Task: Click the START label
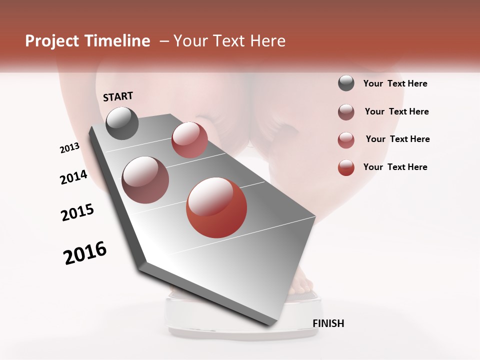(118, 96)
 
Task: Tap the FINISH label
(328, 323)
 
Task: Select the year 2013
(70, 148)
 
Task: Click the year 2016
(85, 253)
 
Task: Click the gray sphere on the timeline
(122, 123)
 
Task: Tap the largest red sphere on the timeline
(216, 207)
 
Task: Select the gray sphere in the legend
(346, 83)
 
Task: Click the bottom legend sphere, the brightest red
(346, 167)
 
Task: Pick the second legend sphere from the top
(346, 112)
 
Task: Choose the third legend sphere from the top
(346, 139)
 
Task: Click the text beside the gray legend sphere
(395, 84)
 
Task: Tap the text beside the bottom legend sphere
(395, 167)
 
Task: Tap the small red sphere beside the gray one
(189, 140)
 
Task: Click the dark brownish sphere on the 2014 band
(145, 179)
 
